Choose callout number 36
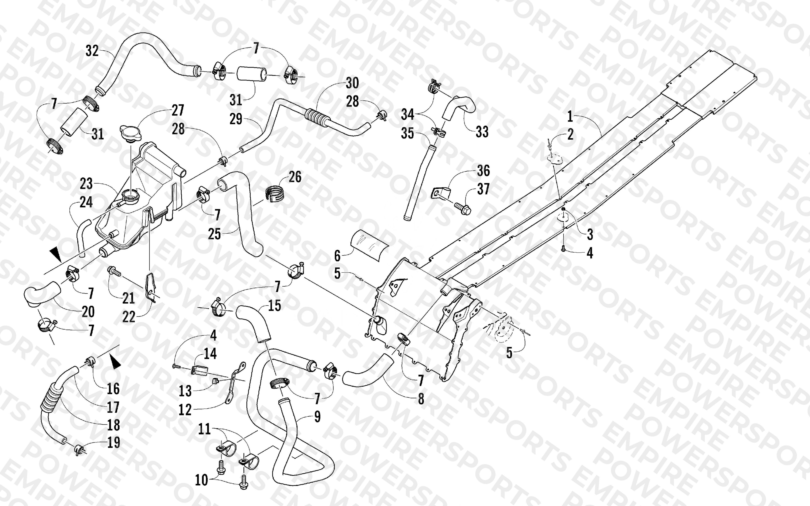tap(483, 171)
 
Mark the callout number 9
tap(317, 417)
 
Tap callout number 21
tap(128, 298)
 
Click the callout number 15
tap(274, 305)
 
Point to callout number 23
tap(86, 183)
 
